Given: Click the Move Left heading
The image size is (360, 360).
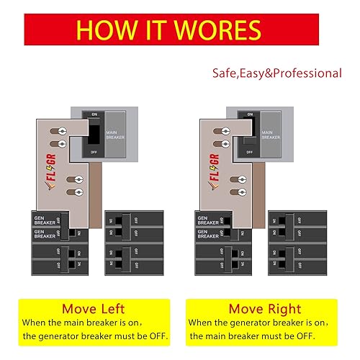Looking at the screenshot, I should (90, 309).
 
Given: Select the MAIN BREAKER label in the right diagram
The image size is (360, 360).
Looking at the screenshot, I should (271, 135).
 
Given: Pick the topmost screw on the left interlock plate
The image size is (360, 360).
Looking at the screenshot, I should (63, 131).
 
